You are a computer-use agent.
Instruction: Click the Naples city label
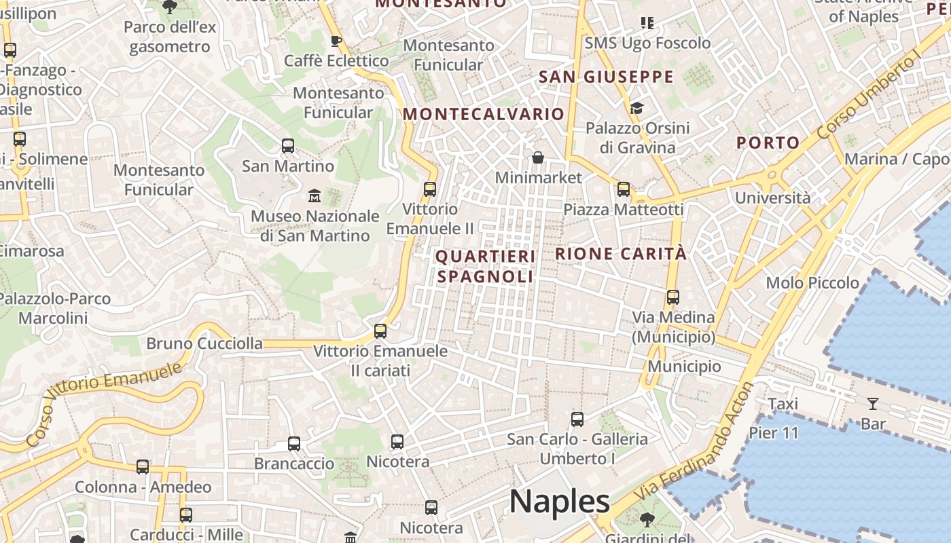(x=560, y=502)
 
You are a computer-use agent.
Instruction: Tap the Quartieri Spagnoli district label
(x=485, y=267)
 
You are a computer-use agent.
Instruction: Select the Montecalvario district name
(x=483, y=114)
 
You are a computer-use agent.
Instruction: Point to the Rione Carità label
(x=621, y=255)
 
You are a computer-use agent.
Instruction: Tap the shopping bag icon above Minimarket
(x=538, y=158)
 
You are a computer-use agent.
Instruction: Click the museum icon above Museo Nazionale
(x=315, y=196)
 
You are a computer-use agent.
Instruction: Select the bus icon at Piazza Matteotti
(x=624, y=189)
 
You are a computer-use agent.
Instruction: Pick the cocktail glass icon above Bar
(x=873, y=405)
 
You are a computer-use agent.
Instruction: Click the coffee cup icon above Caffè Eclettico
(x=336, y=41)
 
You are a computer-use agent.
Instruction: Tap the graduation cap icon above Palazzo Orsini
(x=636, y=109)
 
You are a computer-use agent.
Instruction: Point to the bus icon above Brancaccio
(x=294, y=444)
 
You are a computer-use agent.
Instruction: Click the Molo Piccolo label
(x=812, y=283)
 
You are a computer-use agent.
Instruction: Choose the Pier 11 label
(x=774, y=433)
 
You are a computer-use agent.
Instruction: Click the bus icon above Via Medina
(x=673, y=297)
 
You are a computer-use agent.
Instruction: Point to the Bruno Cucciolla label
(x=204, y=343)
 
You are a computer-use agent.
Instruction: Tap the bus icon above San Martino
(x=288, y=146)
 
